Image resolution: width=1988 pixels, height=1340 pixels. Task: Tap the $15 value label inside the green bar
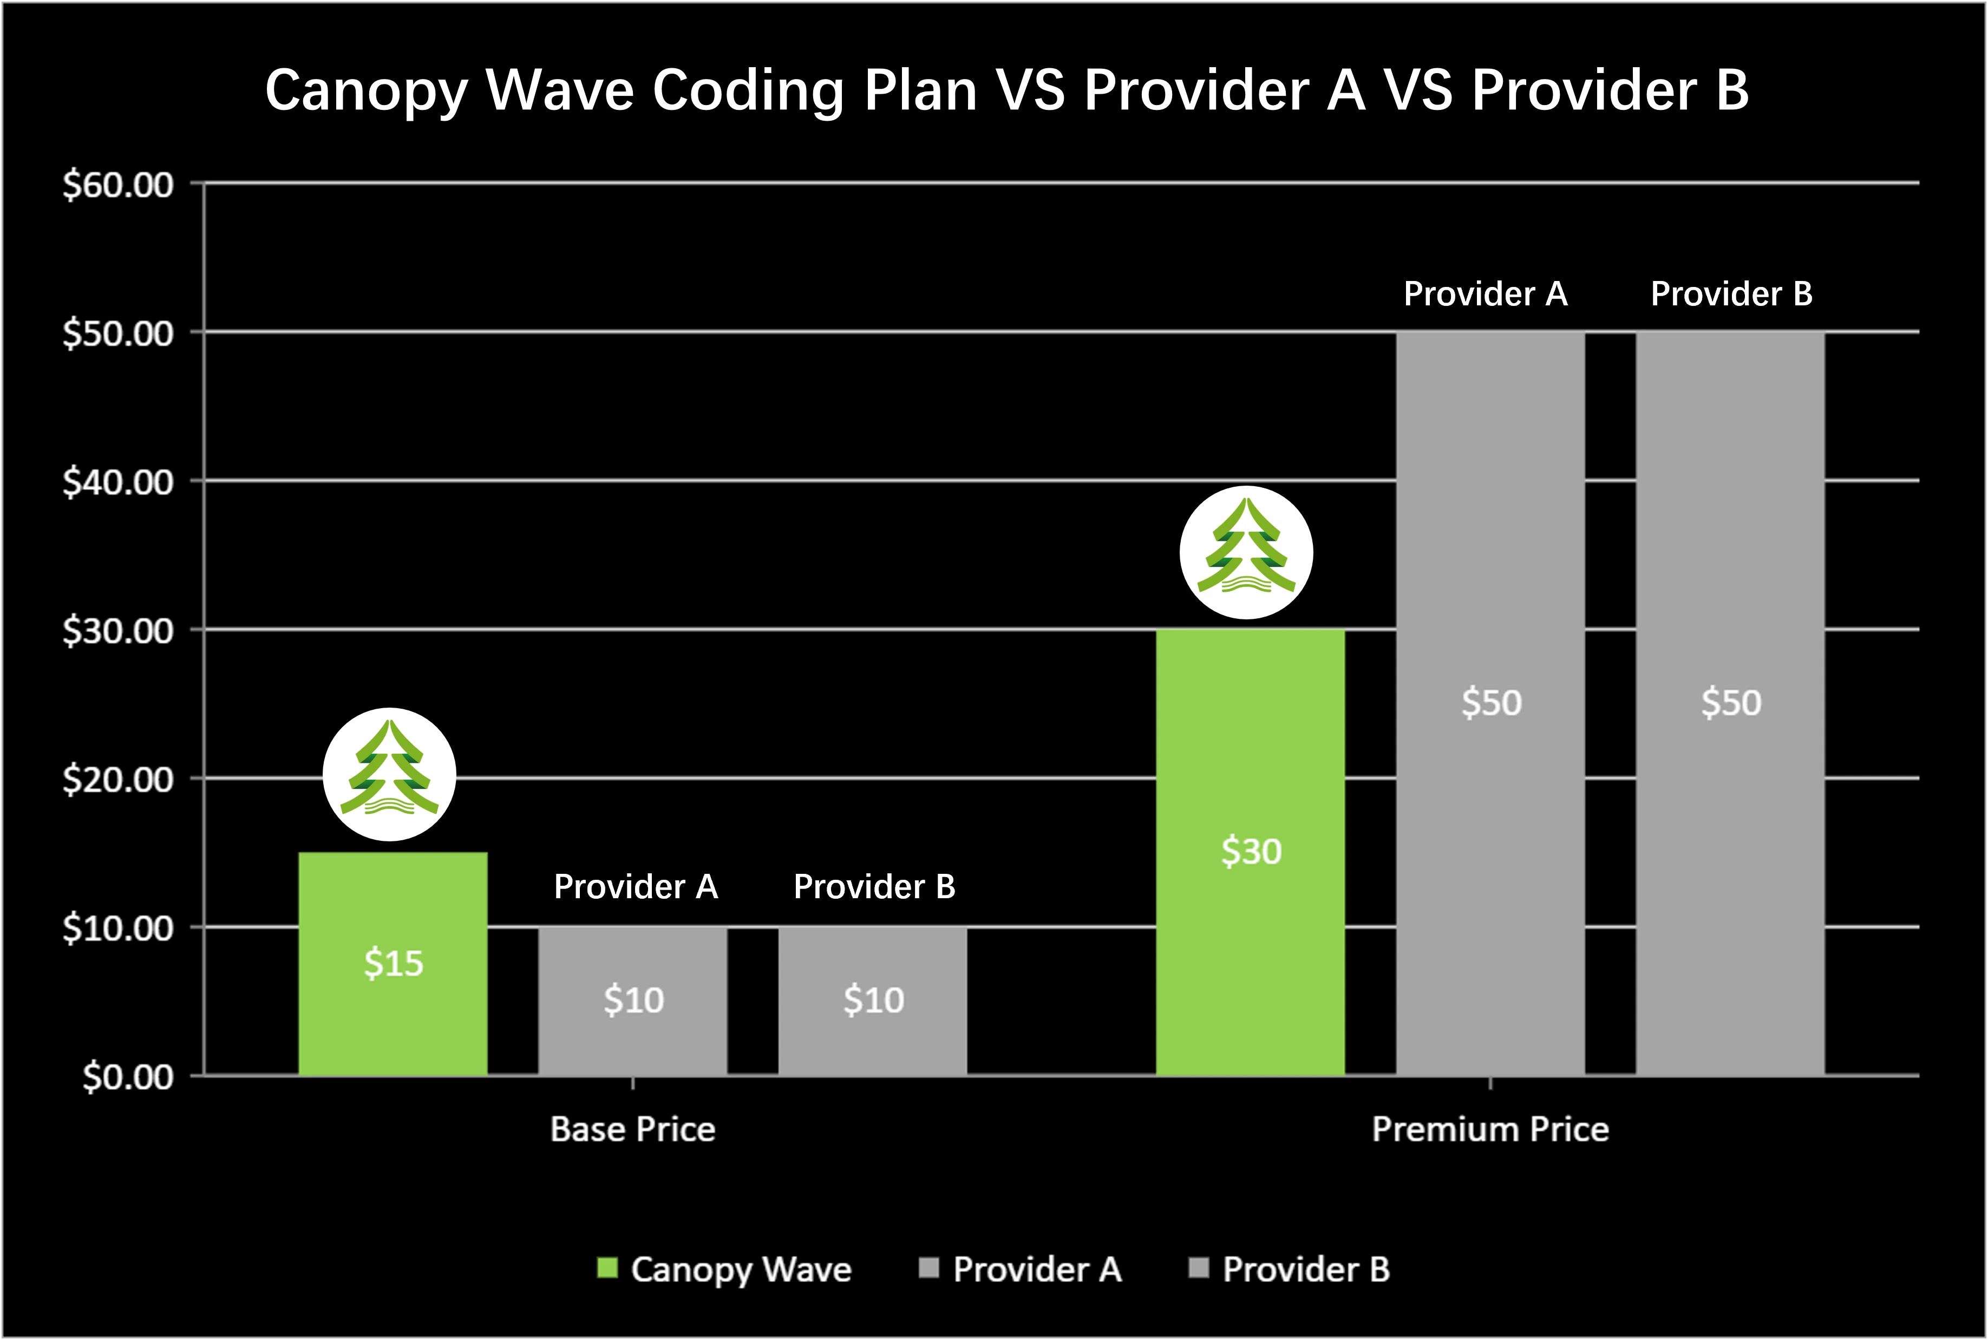click(393, 963)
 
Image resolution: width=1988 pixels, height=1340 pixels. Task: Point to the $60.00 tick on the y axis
click(118, 185)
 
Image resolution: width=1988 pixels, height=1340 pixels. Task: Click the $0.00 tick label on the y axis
click(128, 1077)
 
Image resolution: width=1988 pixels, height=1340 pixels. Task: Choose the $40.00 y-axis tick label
click(118, 482)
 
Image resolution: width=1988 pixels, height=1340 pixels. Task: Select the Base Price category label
click(632, 1129)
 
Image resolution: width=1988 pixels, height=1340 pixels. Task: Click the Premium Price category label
click(1490, 1129)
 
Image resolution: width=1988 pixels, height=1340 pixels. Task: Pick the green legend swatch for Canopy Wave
click(606, 1267)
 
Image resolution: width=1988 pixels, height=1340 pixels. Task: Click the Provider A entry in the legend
click(1036, 1269)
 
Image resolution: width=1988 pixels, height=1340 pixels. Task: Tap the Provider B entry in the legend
click(1305, 1269)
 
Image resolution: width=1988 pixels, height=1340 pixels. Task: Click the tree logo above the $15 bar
click(390, 774)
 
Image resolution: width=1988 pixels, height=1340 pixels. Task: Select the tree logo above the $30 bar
click(1246, 552)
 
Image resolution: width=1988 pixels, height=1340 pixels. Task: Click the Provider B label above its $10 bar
click(874, 886)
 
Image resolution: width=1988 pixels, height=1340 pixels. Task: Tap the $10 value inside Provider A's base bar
click(633, 1000)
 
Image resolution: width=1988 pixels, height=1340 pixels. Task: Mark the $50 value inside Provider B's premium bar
click(1731, 702)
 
